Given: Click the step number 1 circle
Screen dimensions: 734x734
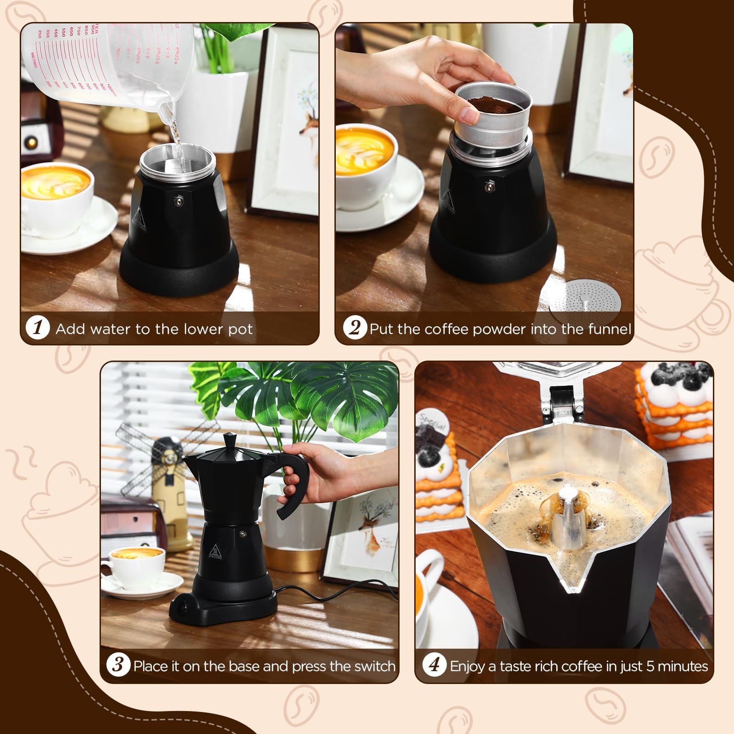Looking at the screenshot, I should click(x=38, y=328).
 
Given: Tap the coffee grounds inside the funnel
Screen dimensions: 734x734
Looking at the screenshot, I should click(x=492, y=98).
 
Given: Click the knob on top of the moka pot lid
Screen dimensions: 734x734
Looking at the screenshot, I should click(x=229, y=439).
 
